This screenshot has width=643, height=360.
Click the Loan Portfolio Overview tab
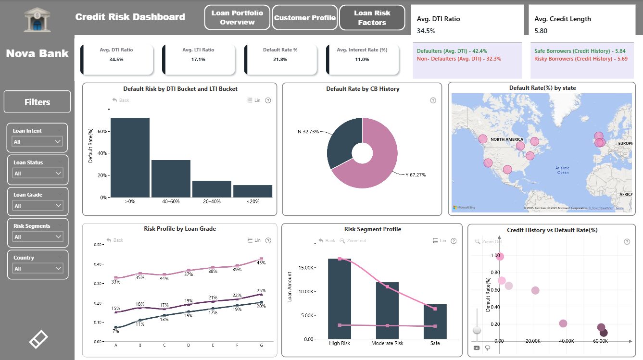tap(238, 17)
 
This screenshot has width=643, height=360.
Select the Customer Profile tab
tap(305, 18)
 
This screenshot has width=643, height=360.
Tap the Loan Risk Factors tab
tap(372, 18)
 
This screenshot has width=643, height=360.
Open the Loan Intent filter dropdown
tap(37, 141)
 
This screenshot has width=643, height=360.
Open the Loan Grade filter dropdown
tap(37, 206)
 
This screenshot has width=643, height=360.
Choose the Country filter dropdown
tap(37, 268)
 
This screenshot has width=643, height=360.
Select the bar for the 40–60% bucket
tap(171, 178)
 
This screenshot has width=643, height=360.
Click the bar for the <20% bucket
tap(252, 191)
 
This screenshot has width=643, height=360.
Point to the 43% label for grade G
tap(261, 263)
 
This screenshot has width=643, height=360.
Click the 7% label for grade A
tap(116, 331)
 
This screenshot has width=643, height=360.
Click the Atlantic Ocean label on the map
tap(562, 170)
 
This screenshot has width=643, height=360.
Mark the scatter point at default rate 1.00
tap(500, 256)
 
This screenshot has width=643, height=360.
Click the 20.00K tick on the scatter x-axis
tap(532, 341)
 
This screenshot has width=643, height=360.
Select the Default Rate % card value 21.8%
tap(280, 60)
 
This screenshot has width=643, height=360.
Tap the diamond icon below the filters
tap(38, 339)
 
